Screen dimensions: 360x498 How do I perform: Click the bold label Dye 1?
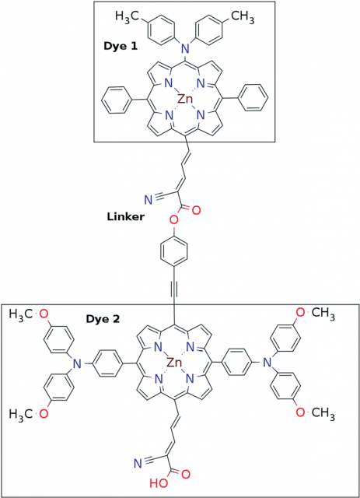pos(121,46)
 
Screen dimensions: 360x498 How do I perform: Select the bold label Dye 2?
pos(103,319)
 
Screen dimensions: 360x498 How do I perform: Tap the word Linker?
pos(126,217)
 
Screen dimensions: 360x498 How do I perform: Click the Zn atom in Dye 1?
pos(185,100)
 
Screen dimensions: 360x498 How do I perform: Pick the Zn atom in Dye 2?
pos(175,363)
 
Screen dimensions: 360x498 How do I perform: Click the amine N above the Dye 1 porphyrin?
pos(185,48)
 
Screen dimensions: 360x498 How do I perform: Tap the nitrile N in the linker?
pos(149,200)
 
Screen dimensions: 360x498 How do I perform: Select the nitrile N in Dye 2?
pos(138,464)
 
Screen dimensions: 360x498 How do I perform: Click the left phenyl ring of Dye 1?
pos(116,99)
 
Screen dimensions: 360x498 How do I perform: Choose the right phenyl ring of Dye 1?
pos(253,98)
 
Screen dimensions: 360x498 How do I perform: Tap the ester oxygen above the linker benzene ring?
pos(173,219)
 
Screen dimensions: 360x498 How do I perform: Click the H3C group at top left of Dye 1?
pos(127,16)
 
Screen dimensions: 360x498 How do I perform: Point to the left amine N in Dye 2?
pos(77,363)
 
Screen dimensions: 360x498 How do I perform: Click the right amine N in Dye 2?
pos(268,362)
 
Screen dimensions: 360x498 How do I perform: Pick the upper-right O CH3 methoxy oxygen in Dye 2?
pos(300,313)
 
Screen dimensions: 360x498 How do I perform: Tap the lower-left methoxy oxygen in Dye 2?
pos(44,413)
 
